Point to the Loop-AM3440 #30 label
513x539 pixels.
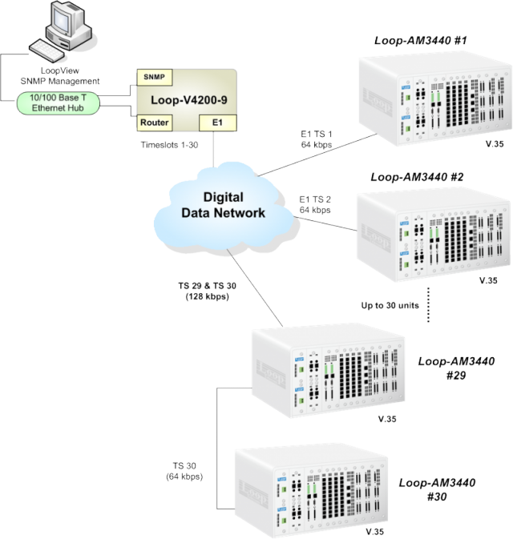point(439,489)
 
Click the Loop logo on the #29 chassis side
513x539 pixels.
point(268,367)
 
